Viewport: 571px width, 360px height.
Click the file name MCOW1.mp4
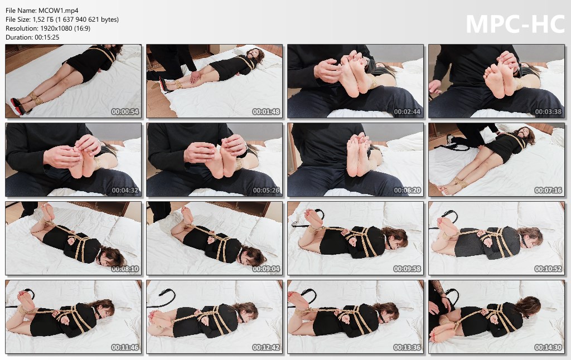pyautogui.click(x=58, y=11)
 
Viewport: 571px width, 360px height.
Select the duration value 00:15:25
pyautogui.click(x=47, y=37)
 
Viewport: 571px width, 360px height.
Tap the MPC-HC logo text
pyautogui.click(x=515, y=25)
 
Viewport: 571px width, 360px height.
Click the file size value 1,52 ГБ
pyautogui.click(x=43, y=20)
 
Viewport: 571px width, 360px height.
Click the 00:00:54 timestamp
pyautogui.click(x=125, y=112)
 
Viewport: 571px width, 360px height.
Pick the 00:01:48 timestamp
pyautogui.click(x=266, y=112)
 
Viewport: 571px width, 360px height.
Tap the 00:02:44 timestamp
pyautogui.click(x=407, y=112)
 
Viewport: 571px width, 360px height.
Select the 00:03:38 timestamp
pyautogui.click(x=548, y=112)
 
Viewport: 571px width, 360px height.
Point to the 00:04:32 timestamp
pyautogui.click(x=125, y=190)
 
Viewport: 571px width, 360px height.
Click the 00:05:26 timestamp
pyautogui.click(x=266, y=190)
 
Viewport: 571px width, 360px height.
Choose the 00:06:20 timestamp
pyautogui.click(x=407, y=190)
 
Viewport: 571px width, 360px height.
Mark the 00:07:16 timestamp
pyautogui.click(x=548, y=190)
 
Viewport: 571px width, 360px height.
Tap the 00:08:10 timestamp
pyautogui.click(x=125, y=269)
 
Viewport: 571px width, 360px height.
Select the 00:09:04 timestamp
pyautogui.click(x=266, y=269)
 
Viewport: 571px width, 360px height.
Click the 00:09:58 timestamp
pyautogui.click(x=407, y=269)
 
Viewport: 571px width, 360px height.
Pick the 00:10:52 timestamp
pyautogui.click(x=548, y=269)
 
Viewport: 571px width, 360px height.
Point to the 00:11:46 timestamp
pyautogui.click(x=125, y=347)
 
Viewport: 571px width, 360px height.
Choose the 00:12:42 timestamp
pyautogui.click(x=266, y=347)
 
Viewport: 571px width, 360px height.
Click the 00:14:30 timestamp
pyautogui.click(x=548, y=347)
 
